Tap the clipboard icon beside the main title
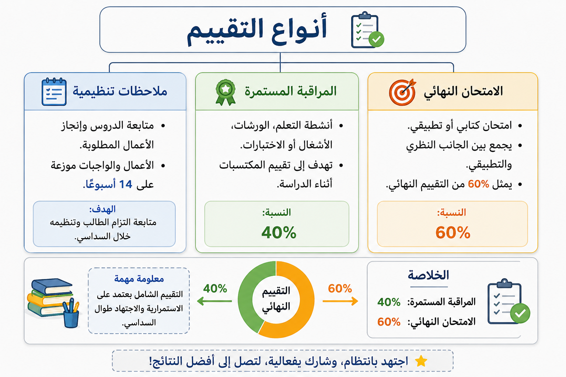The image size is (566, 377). pyautogui.click(x=367, y=30)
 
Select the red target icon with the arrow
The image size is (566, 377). pyautogui.click(x=402, y=92)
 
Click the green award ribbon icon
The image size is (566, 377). pyautogui.click(x=226, y=92)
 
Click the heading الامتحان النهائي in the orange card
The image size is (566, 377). pyautogui.click(x=464, y=92)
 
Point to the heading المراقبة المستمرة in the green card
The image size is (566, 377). pyautogui.click(x=291, y=91)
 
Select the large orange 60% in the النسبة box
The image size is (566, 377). pyautogui.click(x=453, y=233)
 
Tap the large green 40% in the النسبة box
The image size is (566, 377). pyautogui.click(x=279, y=233)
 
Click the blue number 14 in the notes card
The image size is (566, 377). pyautogui.click(x=126, y=184)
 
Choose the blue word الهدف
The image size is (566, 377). pyautogui.click(x=102, y=209)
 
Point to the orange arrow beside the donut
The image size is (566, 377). pyautogui.click(x=340, y=301)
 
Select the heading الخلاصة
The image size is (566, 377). pyautogui.click(x=429, y=275)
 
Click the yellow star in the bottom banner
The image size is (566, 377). pyautogui.click(x=421, y=361)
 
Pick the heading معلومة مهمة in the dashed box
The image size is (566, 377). pyautogui.click(x=139, y=279)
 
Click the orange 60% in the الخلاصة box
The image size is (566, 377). pyautogui.click(x=389, y=322)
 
